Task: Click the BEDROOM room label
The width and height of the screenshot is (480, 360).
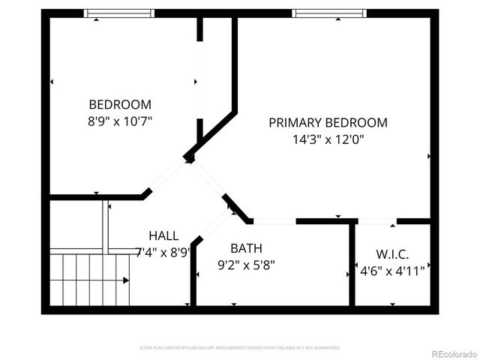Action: coord(120,104)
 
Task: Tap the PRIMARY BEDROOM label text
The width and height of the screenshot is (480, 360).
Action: coord(328,122)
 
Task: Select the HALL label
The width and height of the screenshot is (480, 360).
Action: coord(163,235)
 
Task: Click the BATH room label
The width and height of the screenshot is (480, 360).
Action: coord(246,248)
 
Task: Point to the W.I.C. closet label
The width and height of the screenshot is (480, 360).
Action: coord(392,255)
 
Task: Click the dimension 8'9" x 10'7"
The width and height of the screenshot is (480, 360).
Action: coord(120,120)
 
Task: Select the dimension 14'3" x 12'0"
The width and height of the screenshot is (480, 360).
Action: coord(328,139)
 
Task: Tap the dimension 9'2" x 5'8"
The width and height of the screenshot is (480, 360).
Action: coord(246,264)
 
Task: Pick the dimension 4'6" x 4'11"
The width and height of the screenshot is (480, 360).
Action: coord(392,271)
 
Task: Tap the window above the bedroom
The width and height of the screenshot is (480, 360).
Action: coord(118,13)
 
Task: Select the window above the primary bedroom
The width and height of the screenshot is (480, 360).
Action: coord(329,13)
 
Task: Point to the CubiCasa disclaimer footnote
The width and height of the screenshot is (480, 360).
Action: coord(240,348)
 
